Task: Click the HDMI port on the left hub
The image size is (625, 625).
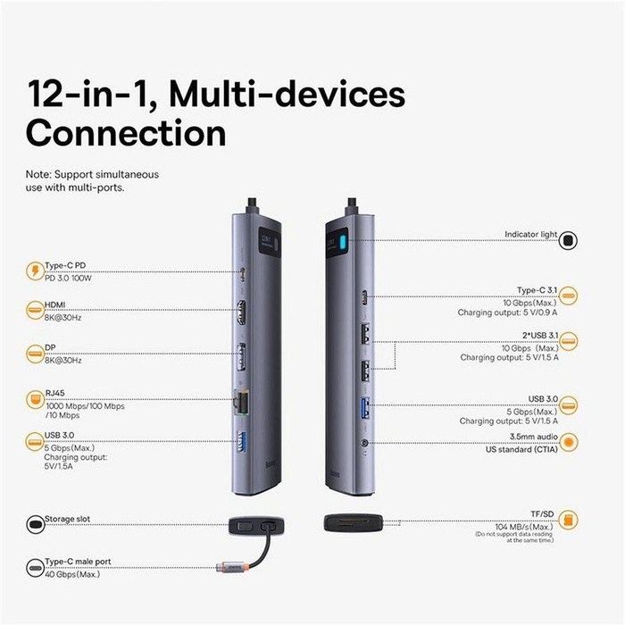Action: [x=240, y=314]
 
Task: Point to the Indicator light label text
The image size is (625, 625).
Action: [x=529, y=235]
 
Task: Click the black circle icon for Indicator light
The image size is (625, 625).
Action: [x=568, y=240]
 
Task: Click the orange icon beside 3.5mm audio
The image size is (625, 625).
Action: [x=568, y=440]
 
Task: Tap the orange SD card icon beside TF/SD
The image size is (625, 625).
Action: [x=568, y=521]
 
